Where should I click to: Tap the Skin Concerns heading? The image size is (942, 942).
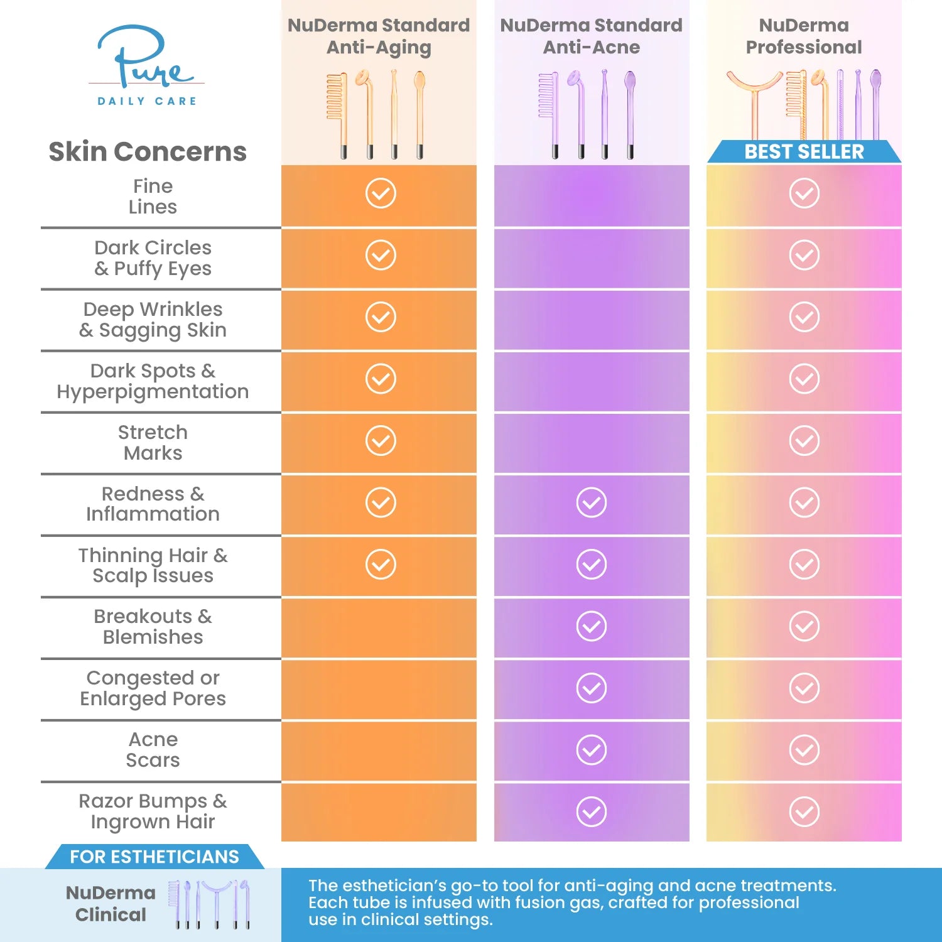(x=148, y=152)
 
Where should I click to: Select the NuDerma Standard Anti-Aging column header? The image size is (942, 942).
(x=379, y=36)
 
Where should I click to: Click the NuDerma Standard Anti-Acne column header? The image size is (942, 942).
(x=591, y=36)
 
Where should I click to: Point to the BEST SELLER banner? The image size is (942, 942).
(x=804, y=152)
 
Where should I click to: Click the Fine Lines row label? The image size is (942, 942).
(x=153, y=197)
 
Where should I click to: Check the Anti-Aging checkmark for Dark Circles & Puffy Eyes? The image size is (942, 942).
(x=381, y=255)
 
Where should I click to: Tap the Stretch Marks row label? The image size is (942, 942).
(x=153, y=443)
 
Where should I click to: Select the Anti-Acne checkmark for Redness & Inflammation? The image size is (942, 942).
(x=591, y=502)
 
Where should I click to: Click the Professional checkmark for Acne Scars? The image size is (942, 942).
(x=804, y=750)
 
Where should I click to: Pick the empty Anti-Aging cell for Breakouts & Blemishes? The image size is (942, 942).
(x=379, y=627)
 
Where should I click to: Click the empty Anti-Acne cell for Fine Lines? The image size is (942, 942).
(x=591, y=195)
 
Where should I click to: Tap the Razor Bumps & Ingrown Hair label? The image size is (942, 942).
(x=153, y=811)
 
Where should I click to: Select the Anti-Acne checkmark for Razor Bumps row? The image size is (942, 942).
(x=591, y=811)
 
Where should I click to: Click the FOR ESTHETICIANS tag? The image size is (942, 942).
(x=154, y=857)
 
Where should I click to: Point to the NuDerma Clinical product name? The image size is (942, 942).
(x=111, y=904)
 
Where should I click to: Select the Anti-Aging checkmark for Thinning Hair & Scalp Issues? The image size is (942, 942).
(x=381, y=564)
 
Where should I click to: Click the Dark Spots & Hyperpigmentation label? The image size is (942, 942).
(x=153, y=381)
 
